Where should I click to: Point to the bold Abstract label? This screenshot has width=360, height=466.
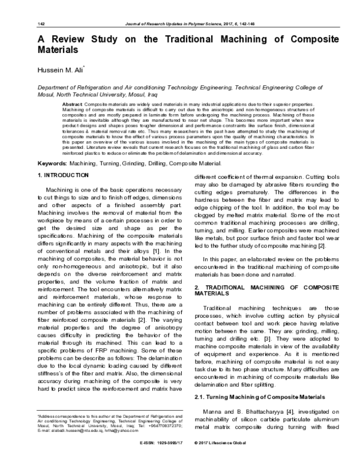click(72, 104)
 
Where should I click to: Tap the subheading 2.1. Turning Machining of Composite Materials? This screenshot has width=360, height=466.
click(260, 380)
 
